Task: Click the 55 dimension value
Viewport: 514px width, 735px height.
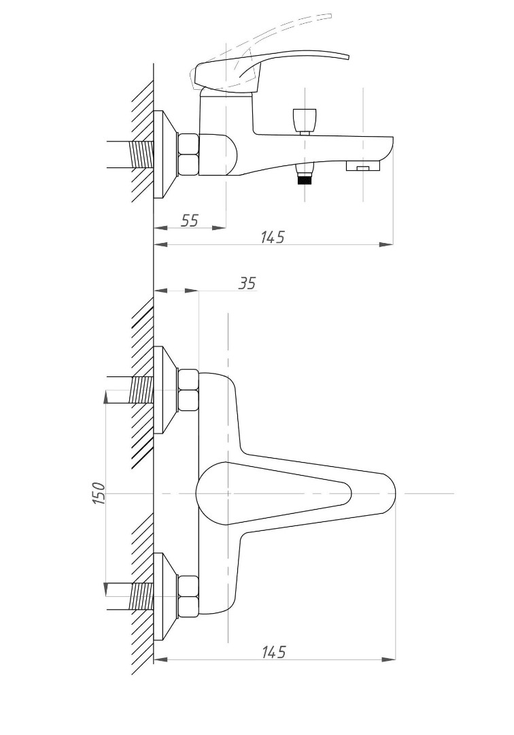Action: pos(190,220)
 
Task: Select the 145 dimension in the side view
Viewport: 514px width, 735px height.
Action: pos(273,237)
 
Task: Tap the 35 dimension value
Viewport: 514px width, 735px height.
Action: pos(247,284)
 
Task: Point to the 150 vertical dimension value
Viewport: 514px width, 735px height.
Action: pos(99,493)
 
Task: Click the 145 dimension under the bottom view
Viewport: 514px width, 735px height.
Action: pos(273,651)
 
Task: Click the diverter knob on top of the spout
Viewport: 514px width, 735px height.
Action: pos(305,120)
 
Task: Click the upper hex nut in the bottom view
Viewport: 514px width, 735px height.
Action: pos(188,391)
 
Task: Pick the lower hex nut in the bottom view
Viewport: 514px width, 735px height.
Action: pos(188,597)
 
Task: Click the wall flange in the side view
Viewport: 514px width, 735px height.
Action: pos(166,155)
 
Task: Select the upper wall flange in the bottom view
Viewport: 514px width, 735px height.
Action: pos(166,390)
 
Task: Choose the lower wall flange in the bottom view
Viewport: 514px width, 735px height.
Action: pos(166,597)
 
